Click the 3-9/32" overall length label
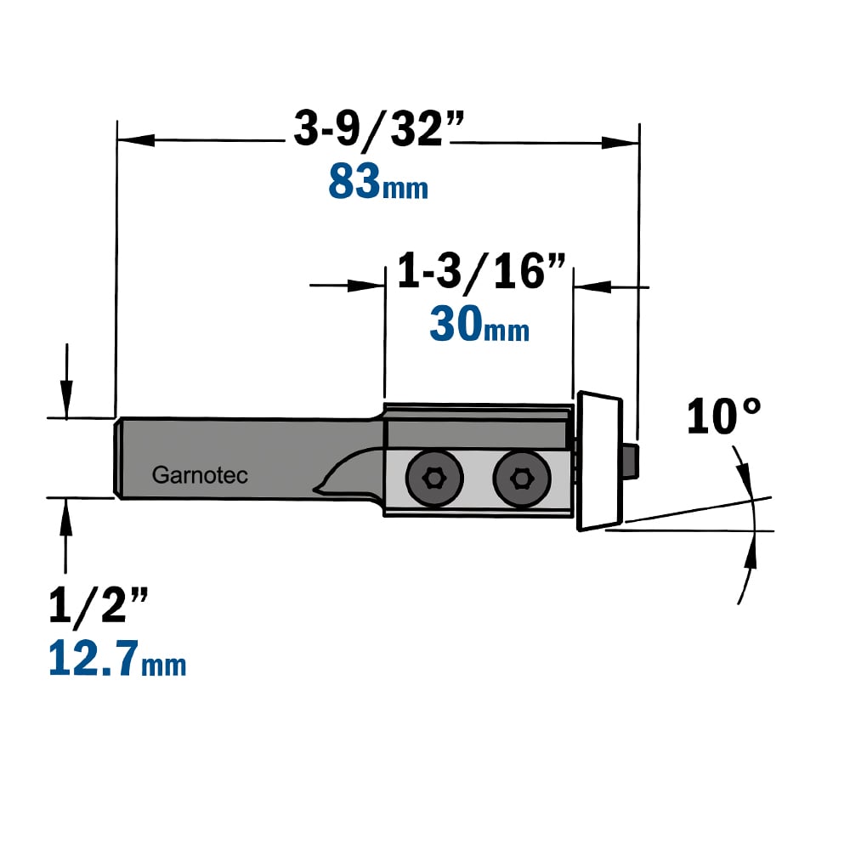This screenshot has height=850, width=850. (x=379, y=129)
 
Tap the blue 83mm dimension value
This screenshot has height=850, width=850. (x=378, y=182)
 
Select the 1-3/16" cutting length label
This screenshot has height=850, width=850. (x=481, y=270)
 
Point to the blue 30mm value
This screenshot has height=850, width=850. (x=479, y=324)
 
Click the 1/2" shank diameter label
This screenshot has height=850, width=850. (x=98, y=605)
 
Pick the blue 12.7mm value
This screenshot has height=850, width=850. (x=117, y=658)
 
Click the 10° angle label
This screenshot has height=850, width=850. (x=723, y=416)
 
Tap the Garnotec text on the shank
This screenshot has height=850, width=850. (x=200, y=475)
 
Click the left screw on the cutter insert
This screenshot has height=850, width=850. (x=434, y=478)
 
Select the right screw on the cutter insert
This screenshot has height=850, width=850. (x=522, y=478)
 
